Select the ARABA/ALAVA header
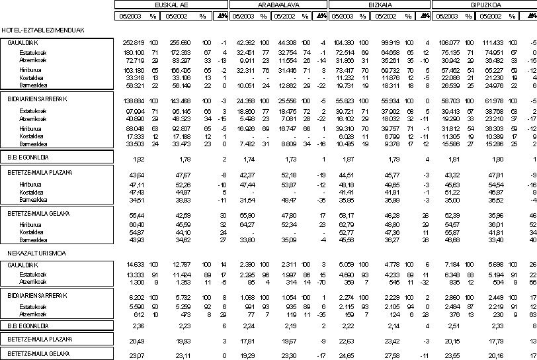coord(272,5)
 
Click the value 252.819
coord(125,42)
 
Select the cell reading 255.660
coord(180,42)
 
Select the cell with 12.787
coord(181,265)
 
